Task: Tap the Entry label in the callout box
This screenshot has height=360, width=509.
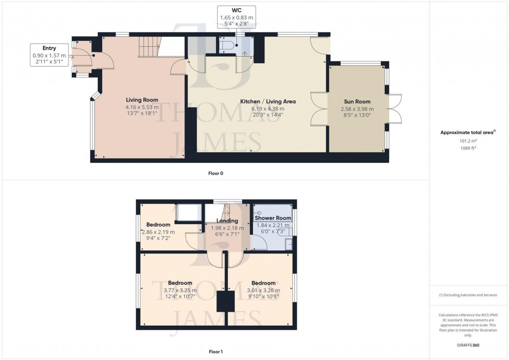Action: point(49,48)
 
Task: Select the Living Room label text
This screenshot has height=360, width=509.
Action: point(142,100)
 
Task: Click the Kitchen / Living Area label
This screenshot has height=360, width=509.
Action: point(267,101)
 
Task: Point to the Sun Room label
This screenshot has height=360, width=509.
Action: point(357,102)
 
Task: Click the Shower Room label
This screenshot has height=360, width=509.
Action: point(273,218)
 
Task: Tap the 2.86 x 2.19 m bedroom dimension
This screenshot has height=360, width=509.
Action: point(158,232)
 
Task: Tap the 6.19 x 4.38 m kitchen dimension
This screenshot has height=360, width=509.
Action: point(267,108)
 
